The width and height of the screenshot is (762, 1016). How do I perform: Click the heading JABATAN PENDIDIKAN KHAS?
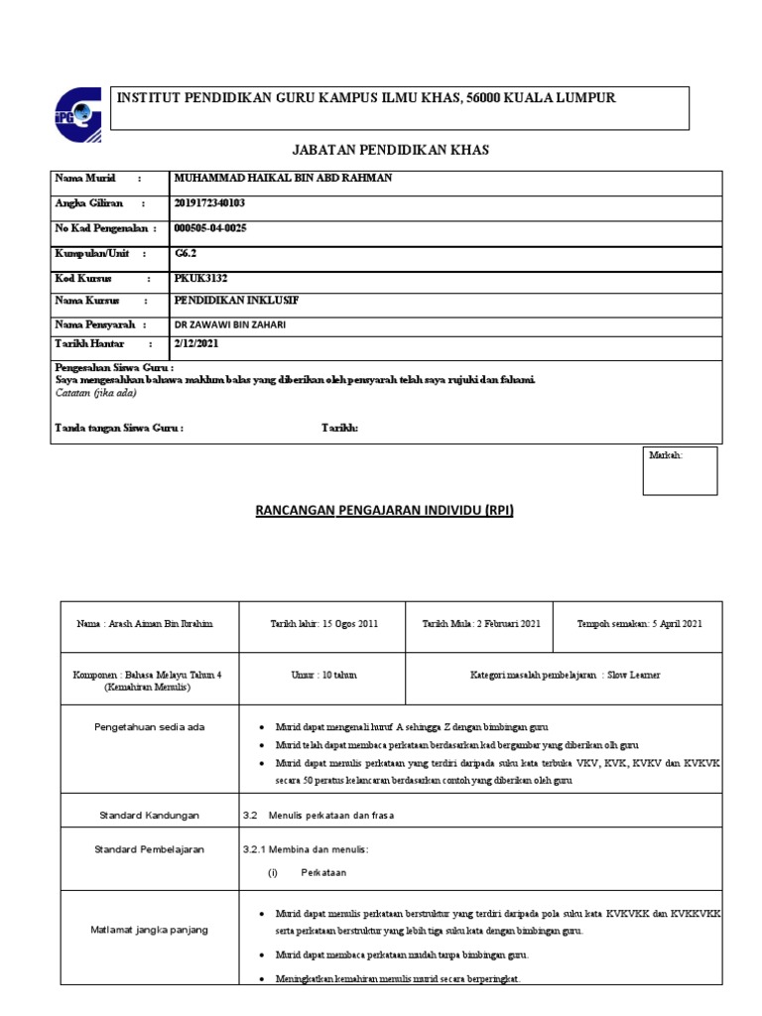[x=390, y=150]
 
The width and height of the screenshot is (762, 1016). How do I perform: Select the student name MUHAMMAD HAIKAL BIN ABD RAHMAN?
[x=283, y=179]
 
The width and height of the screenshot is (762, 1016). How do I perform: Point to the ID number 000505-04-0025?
[x=210, y=228]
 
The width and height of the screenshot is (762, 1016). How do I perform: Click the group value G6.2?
[x=186, y=254]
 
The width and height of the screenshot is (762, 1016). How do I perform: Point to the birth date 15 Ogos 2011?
[x=323, y=623]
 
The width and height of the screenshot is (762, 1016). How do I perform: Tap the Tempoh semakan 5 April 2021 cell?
[x=639, y=623]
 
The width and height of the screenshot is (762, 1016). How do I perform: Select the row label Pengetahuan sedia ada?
[x=151, y=727]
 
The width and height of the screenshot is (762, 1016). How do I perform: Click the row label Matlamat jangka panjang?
[x=151, y=930]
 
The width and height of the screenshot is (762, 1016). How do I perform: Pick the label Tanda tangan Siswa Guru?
[x=118, y=428]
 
